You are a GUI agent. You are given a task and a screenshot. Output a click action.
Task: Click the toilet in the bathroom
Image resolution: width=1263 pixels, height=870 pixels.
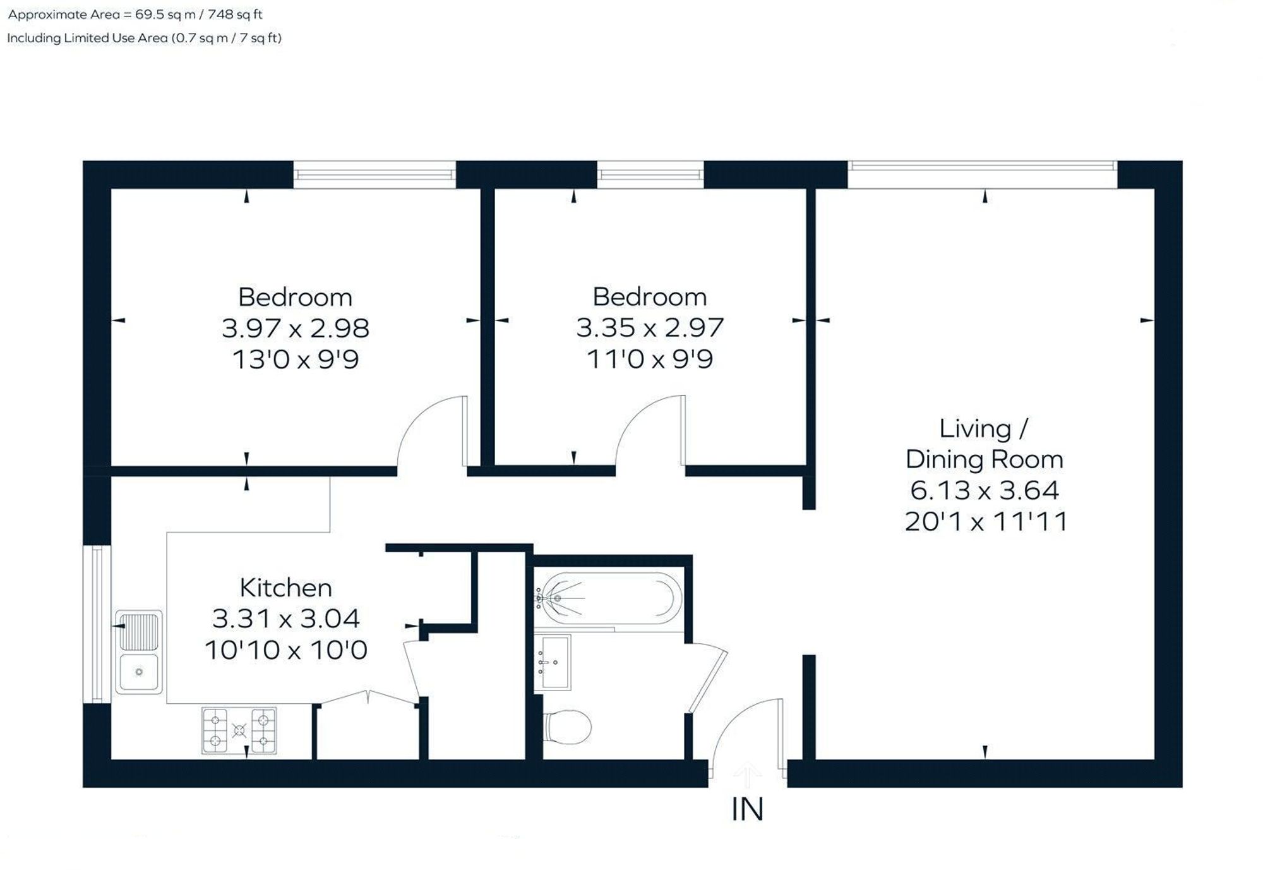tap(568, 727)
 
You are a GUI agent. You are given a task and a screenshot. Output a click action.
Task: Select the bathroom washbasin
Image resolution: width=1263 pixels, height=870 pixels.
tap(553, 662)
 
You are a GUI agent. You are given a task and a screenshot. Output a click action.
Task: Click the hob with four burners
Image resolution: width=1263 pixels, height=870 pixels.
tap(239, 731)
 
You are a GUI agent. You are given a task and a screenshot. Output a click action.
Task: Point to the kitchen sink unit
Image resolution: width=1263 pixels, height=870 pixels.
tap(138, 652)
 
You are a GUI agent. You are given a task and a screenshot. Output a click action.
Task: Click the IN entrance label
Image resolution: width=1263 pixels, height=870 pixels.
tap(747, 810)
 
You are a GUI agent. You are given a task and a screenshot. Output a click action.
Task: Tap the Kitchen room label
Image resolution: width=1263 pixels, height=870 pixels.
tap(286, 588)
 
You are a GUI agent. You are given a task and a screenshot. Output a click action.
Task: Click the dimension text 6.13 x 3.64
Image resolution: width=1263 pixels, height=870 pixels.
tap(985, 490)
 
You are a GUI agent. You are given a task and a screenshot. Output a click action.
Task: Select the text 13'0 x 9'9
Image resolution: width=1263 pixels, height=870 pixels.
tap(296, 359)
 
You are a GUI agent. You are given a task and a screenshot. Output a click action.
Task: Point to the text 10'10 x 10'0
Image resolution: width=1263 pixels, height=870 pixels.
tap(286, 650)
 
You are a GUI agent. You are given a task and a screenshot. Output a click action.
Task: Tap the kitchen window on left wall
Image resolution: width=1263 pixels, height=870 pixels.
tap(97, 624)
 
